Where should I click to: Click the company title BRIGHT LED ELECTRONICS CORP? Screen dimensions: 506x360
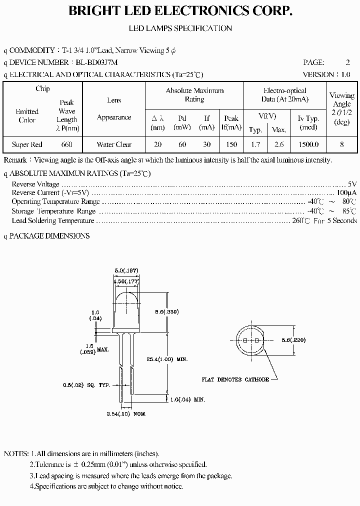[x=180, y=11]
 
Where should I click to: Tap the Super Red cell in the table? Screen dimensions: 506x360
[x=27, y=144]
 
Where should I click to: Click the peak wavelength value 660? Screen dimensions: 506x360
[x=66, y=144]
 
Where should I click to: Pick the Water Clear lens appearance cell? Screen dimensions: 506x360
[x=114, y=144]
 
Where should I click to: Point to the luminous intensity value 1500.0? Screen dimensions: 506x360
[x=308, y=144]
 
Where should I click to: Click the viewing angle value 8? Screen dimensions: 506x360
[x=341, y=144]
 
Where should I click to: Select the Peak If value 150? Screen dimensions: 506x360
[x=231, y=144]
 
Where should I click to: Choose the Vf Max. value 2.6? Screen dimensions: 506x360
[x=279, y=144]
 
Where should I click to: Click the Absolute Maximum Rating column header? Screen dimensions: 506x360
[x=194, y=95]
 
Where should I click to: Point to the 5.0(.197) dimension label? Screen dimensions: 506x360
[x=127, y=270]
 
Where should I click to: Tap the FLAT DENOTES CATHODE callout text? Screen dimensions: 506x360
[x=235, y=379]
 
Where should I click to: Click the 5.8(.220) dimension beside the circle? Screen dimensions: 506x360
[x=293, y=340]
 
